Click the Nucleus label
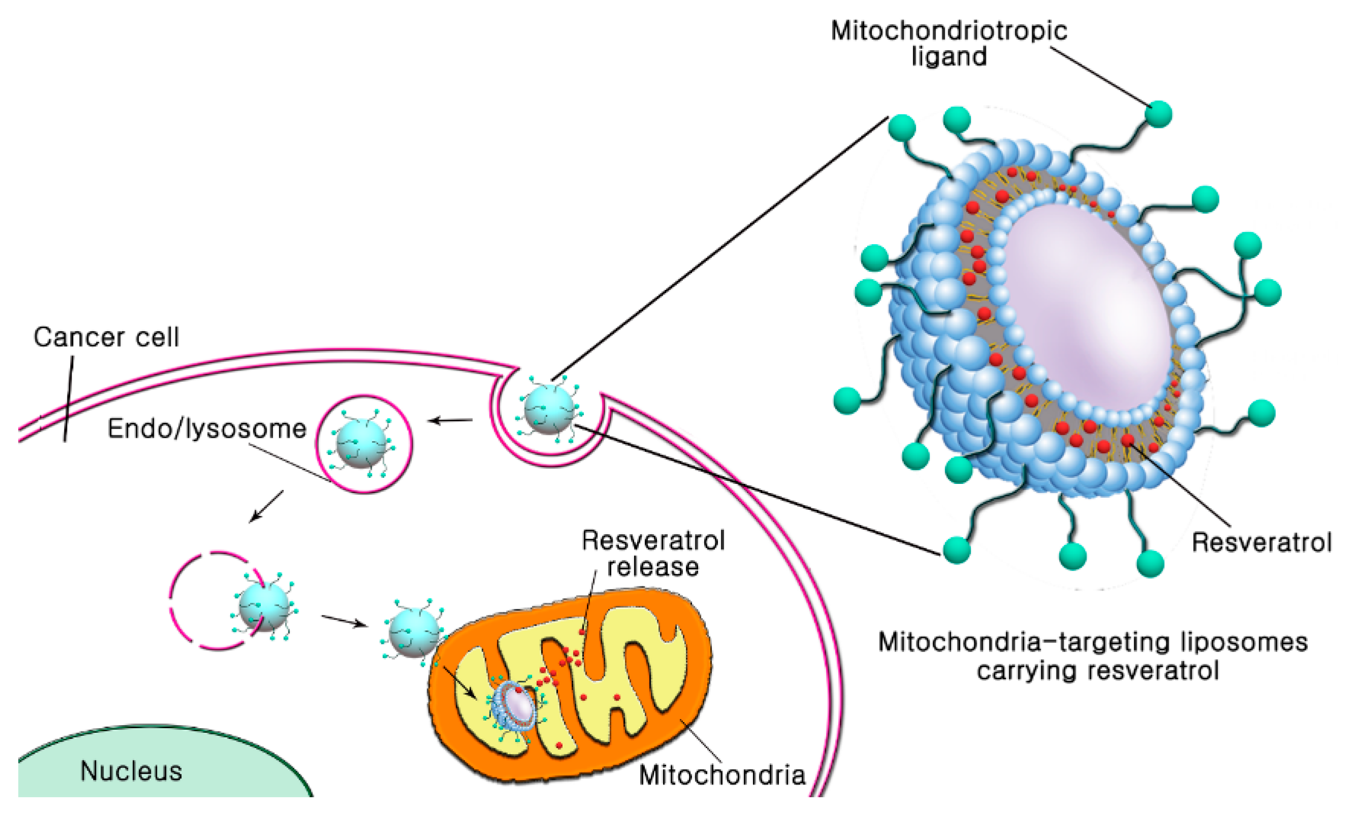131,771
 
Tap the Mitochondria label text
722,775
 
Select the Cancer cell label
106,337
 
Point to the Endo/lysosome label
207,429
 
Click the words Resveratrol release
653,553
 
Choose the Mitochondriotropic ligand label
949,43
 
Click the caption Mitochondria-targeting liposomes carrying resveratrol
1093,656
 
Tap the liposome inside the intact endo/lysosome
362,443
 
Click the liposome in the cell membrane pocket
548,409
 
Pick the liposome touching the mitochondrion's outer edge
414,632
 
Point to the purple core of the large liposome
1088,306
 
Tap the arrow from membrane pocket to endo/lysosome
450,420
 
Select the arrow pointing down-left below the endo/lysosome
266,507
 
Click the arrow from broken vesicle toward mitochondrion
344,621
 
